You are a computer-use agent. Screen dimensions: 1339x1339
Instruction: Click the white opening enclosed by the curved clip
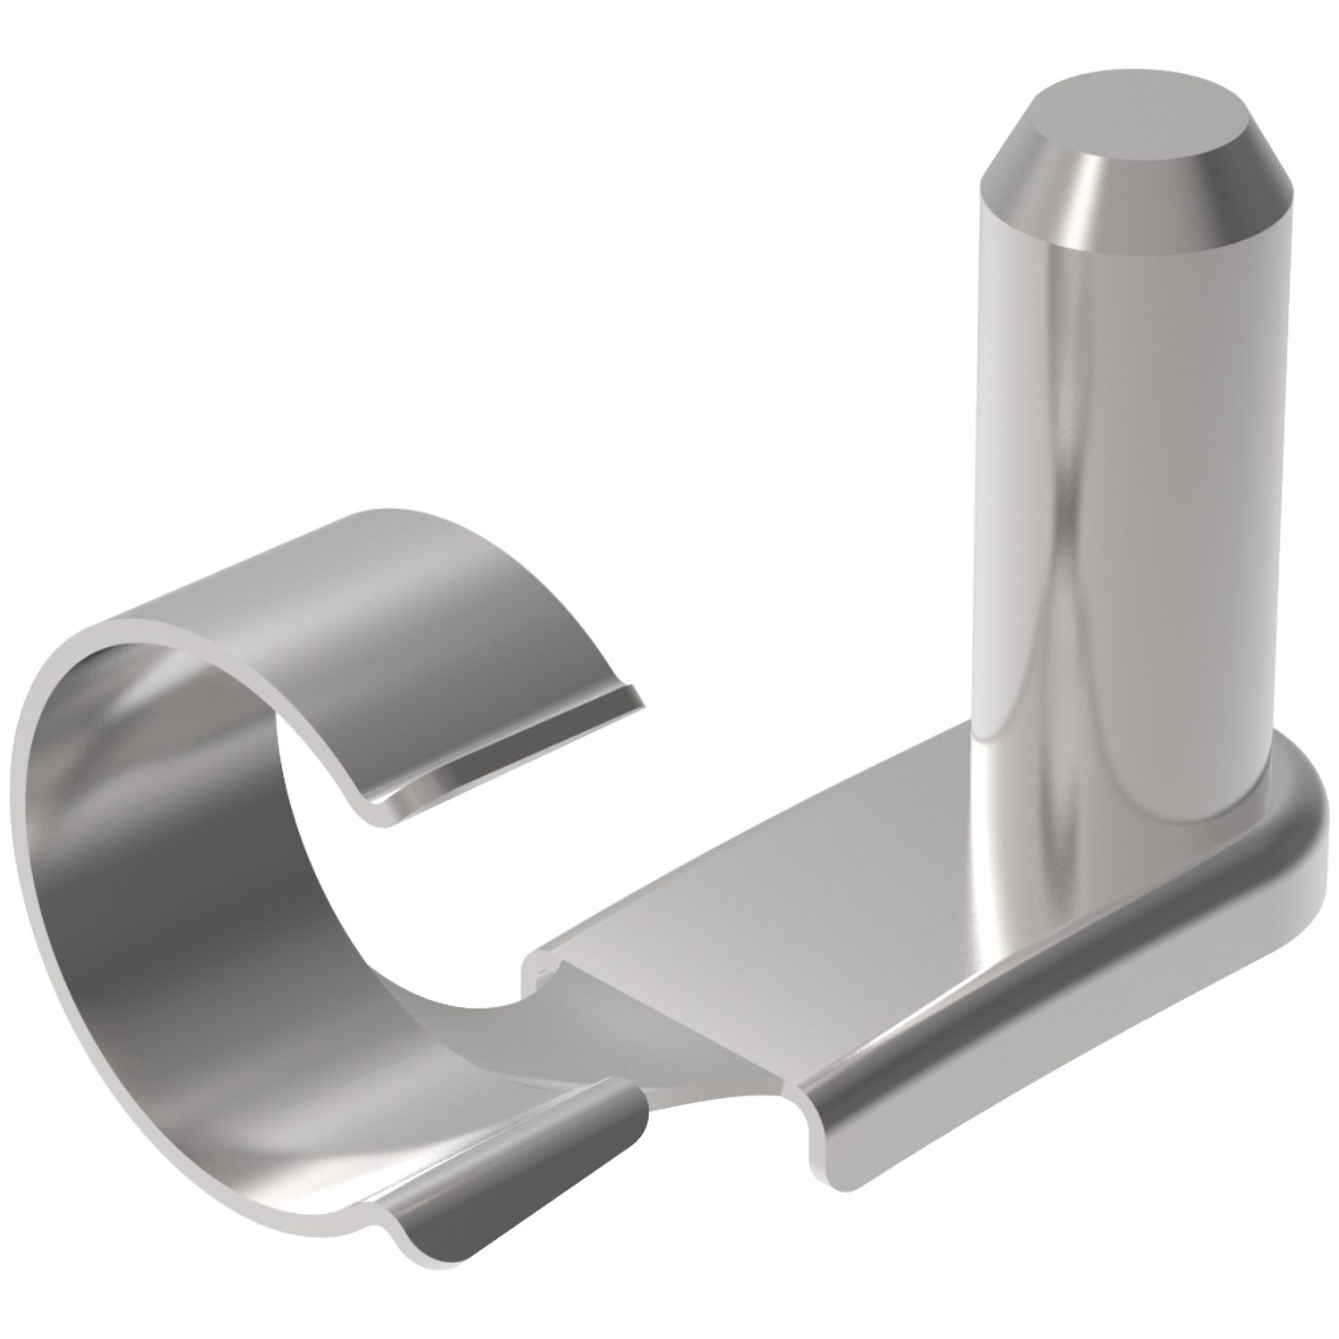point(375,875)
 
